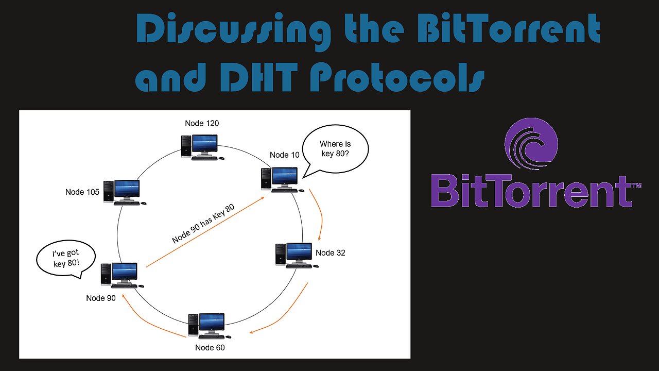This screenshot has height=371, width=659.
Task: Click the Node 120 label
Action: pyautogui.click(x=202, y=123)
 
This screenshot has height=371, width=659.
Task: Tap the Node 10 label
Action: pyautogui.click(x=285, y=155)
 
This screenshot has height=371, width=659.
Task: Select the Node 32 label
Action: pyautogui.click(x=331, y=252)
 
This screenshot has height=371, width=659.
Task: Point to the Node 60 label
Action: pyautogui.click(x=210, y=347)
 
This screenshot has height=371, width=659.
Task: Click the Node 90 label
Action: pyautogui.click(x=100, y=298)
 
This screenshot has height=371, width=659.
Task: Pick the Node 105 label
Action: pyautogui.click(x=82, y=192)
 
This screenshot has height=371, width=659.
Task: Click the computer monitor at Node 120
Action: pyautogui.click(x=204, y=145)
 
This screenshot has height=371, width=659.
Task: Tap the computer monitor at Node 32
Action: pyautogui.click(x=299, y=253)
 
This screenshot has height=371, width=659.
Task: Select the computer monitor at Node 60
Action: pyautogui.click(x=212, y=324)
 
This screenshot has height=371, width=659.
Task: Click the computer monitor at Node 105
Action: pyautogui.click(x=127, y=190)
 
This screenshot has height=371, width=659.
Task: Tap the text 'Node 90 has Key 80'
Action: pyautogui.click(x=203, y=224)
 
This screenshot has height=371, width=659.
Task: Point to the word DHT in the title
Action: pyautogui.click(x=259, y=77)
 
